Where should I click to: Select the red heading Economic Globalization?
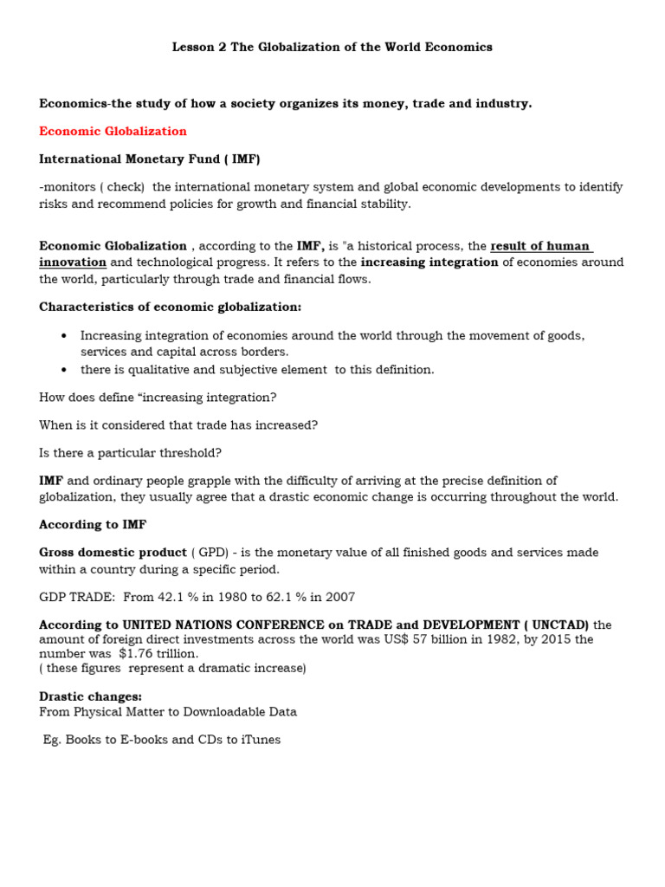[x=113, y=131]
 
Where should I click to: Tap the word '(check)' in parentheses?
[x=123, y=187]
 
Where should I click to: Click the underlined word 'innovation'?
[x=73, y=262]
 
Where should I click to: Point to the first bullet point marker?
[x=64, y=336]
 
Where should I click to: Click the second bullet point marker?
[x=64, y=370]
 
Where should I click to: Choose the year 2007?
[x=338, y=597]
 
